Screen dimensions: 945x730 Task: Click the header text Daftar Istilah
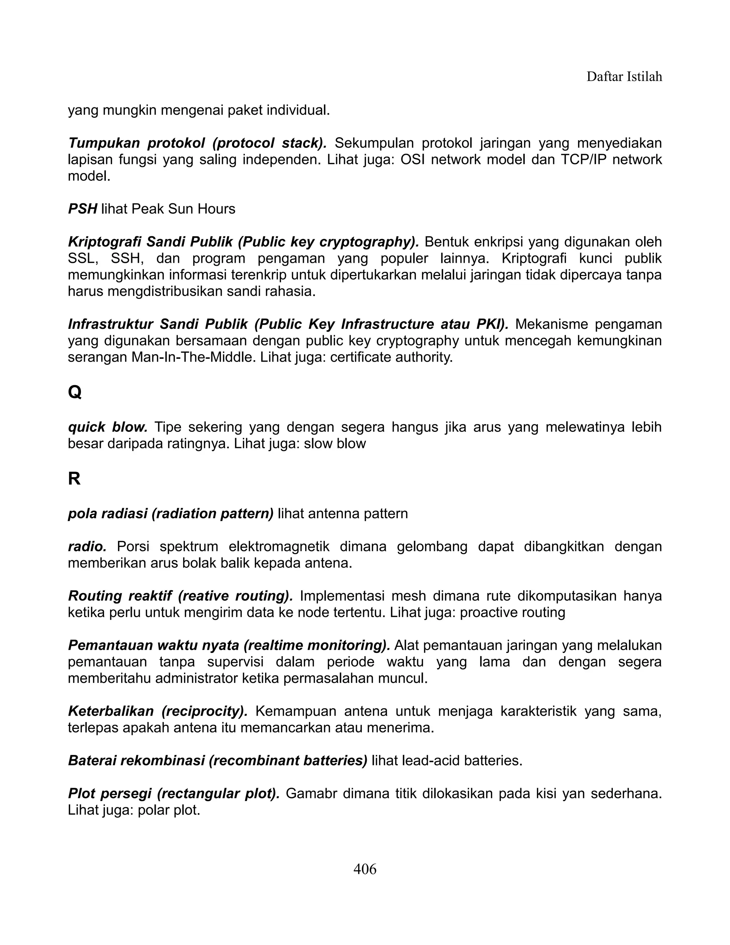pyautogui.click(x=624, y=77)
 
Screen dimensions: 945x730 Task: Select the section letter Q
pyautogui.click(x=74, y=393)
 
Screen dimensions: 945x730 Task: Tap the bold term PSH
pyautogui.click(x=82, y=209)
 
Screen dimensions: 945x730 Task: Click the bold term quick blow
pyautogui.click(x=108, y=427)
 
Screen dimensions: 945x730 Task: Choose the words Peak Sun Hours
pyautogui.click(x=183, y=209)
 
